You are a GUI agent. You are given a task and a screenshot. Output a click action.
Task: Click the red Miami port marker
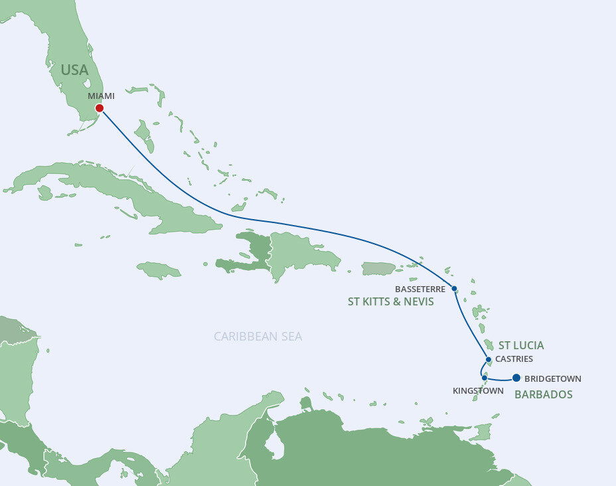99,108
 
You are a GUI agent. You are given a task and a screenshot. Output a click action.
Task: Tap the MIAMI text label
101,96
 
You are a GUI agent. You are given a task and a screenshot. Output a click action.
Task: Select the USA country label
75,70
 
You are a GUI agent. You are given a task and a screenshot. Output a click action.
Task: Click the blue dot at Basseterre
454,289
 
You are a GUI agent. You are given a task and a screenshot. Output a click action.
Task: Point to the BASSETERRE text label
420,289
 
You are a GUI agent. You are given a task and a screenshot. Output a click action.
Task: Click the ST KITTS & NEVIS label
390,302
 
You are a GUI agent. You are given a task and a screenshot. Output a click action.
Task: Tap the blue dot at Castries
489,360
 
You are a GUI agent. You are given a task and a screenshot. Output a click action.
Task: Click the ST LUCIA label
521,345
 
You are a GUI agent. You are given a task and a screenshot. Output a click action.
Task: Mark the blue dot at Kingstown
485,378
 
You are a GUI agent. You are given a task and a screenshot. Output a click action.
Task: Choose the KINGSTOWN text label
478,391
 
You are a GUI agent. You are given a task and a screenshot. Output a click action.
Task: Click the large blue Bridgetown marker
516,379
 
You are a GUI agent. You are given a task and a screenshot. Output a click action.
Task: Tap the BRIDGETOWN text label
553,379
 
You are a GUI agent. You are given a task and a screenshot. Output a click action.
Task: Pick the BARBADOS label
544,394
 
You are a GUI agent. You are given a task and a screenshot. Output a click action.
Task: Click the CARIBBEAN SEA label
258,337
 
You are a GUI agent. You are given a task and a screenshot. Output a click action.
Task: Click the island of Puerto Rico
378,268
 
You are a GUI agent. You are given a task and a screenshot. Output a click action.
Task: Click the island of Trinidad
481,432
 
